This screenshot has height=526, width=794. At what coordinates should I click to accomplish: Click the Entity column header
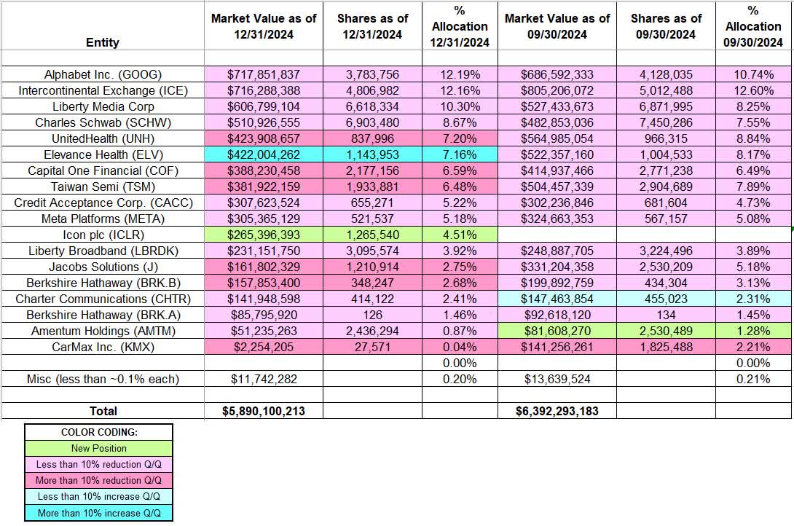[x=102, y=42]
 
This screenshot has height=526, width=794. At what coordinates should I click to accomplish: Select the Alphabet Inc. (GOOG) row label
[x=103, y=74]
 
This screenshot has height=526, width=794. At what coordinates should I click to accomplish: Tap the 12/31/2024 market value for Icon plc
[x=263, y=235]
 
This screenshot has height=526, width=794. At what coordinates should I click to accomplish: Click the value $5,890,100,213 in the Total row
[x=263, y=411]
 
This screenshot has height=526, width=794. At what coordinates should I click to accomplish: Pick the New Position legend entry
[x=99, y=449]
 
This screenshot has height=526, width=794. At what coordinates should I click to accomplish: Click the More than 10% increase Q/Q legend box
[x=99, y=513]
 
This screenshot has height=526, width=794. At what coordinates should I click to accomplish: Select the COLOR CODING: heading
[x=99, y=433]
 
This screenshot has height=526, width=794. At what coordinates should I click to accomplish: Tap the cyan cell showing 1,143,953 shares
[x=371, y=154]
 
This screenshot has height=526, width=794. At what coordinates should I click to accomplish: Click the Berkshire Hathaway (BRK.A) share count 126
[x=371, y=315]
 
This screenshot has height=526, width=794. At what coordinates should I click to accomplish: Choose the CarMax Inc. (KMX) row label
[x=103, y=347]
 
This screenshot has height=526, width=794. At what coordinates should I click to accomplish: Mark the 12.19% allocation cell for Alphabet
[x=459, y=74]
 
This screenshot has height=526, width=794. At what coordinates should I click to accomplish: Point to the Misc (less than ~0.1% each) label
[x=103, y=379]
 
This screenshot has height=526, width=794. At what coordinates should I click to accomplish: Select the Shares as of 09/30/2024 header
[x=666, y=26]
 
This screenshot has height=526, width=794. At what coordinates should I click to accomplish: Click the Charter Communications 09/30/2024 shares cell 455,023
[x=666, y=299]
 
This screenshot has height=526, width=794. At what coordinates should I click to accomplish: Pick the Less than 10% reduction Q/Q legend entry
[x=99, y=465]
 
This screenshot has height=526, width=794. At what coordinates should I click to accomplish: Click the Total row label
[x=103, y=411]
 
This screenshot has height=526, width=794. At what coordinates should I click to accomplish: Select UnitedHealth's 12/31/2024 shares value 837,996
[x=371, y=138]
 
